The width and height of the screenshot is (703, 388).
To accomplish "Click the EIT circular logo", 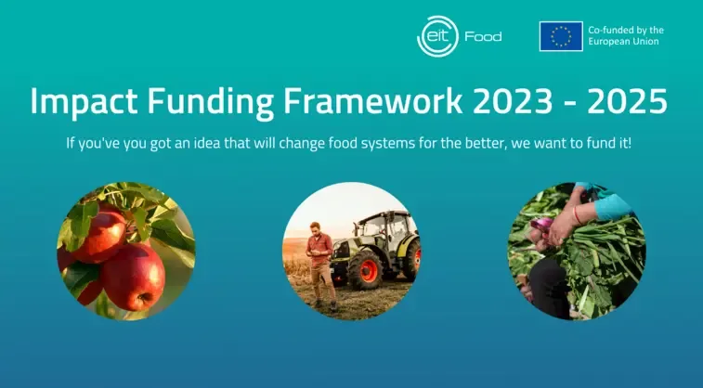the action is (437, 36).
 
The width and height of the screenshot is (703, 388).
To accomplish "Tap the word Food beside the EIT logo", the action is (483, 36).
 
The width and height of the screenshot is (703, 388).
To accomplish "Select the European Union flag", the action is (561, 36).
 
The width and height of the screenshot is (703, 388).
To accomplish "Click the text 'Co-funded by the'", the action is (626, 30).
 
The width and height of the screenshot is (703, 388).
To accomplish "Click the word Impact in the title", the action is (84, 102).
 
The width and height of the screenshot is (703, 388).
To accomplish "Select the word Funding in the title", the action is (210, 102).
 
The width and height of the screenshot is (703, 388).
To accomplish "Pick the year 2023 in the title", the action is (513, 101).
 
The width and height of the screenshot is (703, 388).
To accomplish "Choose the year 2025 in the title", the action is (627, 101).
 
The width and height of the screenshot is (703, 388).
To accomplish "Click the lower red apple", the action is (133, 277).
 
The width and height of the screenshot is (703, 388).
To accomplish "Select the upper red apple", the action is (98, 233).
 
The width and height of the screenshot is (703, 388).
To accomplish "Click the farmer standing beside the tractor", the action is (321, 265).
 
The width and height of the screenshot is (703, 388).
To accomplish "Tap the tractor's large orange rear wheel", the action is (367, 270).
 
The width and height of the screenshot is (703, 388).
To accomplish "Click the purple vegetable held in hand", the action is (541, 223).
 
